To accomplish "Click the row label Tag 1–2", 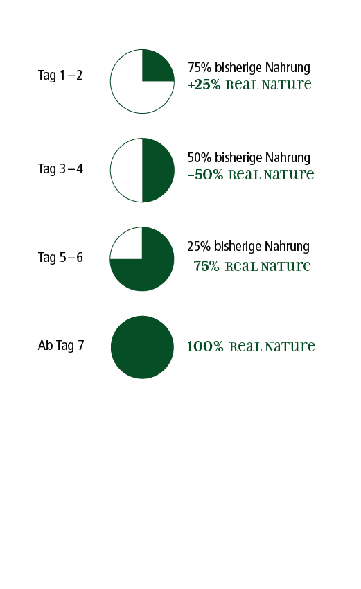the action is coord(60,75).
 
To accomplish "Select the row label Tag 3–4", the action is coord(60,168).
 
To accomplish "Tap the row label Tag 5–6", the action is coord(60,257).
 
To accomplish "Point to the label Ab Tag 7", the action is coord(61,345).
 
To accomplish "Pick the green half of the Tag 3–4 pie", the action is coord(158,170).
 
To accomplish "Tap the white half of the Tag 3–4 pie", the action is coord(127,170).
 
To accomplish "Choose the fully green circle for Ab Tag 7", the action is coord(142,347).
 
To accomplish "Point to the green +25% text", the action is coord(204,85).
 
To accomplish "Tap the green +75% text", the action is coord(203,266).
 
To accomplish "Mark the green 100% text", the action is coord(205,346).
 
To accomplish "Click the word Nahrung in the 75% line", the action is coord(288,68).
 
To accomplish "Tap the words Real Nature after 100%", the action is coord(272,346).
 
